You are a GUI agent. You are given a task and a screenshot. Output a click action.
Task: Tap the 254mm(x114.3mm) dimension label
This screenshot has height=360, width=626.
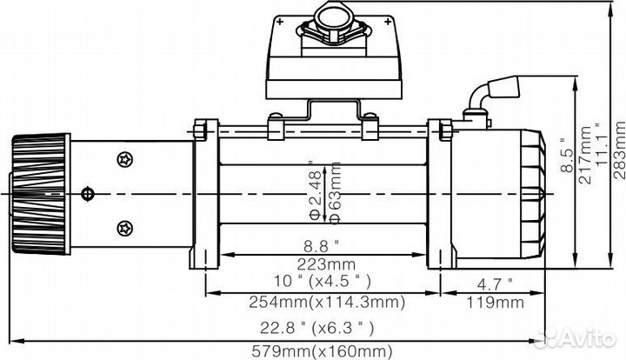315,303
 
